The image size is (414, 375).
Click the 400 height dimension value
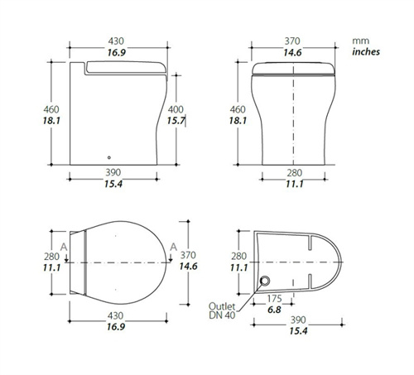coord(176,109)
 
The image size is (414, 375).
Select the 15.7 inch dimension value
coord(176,121)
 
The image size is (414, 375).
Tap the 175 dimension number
coord(274,299)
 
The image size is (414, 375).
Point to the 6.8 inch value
coord(274,310)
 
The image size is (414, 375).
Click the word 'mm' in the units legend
coord(360,41)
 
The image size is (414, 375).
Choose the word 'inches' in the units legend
coord(366,51)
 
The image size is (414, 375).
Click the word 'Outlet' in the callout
coord(222,306)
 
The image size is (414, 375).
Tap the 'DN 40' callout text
coord(222,315)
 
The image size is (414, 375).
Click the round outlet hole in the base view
coord(265,281)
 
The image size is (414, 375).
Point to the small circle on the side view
coord(109,157)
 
